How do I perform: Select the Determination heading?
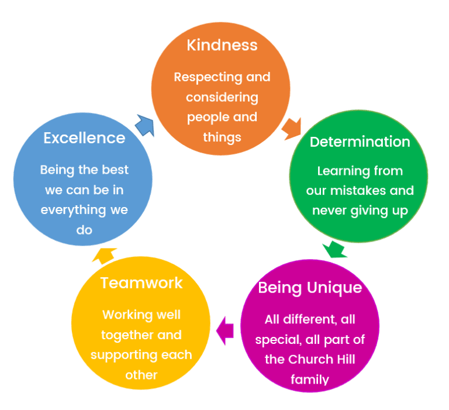pyautogui.click(x=360, y=142)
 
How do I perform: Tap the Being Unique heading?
pyautogui.click(x=310, y=288)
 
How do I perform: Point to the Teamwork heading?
pyautogui.click(x=141, y=282)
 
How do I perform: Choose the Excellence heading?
pyautogui.click(x=84, y=137)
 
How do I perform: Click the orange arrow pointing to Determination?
pyautogui.click(x=291, y=129)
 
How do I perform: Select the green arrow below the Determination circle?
pyautogui.click(x=334, y=249)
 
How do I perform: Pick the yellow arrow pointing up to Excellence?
pyautogui.click(x=105, y=256)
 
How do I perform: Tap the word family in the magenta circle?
pyautogui.click(x=310, y=379)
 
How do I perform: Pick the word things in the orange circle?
pyautogui.click(x=222, y=137)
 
